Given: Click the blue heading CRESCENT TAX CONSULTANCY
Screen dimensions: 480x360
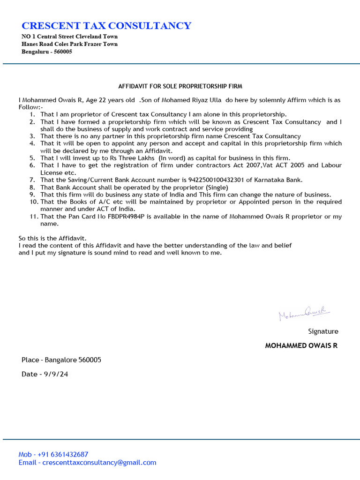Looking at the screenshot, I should point(106,25).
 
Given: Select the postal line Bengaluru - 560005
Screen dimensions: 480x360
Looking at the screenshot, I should point(47,52).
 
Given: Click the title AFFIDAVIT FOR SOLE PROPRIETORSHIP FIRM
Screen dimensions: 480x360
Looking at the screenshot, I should point(180,86).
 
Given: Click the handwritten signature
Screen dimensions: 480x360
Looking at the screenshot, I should point(304,313).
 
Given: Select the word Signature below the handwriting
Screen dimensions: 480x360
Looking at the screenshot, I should point(323,331).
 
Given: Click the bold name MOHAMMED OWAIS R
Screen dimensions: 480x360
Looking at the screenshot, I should point(301,346).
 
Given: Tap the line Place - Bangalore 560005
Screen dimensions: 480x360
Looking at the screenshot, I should point(61,360).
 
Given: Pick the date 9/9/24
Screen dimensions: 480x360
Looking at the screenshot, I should point(57,374).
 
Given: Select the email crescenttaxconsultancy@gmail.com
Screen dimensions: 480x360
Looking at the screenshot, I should point(99,462).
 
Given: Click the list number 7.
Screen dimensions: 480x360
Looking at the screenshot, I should point(32,180).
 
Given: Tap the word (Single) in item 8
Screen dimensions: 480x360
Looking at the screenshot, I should point(217,187).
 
